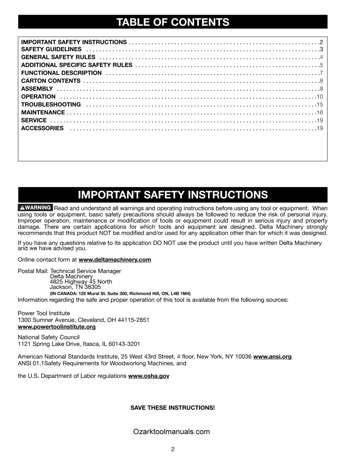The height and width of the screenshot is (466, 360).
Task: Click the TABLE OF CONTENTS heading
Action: pos(173,22)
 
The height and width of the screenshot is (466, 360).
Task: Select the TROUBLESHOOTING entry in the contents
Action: pos(51,104)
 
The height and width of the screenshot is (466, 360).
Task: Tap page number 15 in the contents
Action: pos(320,104)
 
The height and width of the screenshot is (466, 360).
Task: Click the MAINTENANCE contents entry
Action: pos(43,112)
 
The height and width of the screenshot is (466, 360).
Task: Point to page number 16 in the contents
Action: pos(320,112)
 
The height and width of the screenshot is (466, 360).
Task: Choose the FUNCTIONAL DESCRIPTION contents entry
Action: pos(61,73)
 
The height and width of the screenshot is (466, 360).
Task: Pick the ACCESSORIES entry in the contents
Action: pos(42,128)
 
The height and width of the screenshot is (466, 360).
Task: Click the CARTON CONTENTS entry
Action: pos(51,81)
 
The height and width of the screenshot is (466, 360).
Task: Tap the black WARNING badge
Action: pos(35,208)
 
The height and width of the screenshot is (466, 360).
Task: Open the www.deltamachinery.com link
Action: pos(115,260)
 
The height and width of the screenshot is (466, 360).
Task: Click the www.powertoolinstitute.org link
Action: pos(57,327)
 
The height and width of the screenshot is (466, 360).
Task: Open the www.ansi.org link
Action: pos(272,356)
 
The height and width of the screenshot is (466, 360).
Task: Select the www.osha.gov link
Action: pos(149,376)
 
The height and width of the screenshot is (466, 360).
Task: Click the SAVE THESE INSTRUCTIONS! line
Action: pos(172,408)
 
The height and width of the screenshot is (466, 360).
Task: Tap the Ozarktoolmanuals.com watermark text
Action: pos(171,431)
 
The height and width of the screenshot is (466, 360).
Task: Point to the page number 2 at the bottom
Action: pos(172,450)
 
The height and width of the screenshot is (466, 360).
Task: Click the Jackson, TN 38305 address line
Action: pos(75,287)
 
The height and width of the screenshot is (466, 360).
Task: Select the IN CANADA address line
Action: pos(120,294)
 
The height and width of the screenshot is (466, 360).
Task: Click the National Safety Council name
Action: pos(49,337)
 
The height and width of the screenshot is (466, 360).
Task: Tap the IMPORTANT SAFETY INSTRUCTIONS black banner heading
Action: pos(173,195)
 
